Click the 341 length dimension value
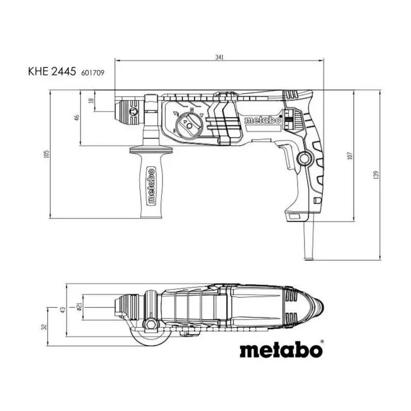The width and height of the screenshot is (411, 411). [x=219, y=58]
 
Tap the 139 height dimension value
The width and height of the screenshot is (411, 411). [x=376, y=175]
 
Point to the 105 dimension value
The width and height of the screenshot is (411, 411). [x=47, y=154]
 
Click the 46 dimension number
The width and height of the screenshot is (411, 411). [x=77, y=118]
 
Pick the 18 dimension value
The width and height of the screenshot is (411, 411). [x=91, y=100]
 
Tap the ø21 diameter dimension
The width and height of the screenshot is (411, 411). [x=80, y=307]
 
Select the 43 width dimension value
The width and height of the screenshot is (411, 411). [x=63, y=310]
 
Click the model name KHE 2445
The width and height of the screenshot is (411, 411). [x=52, y=71]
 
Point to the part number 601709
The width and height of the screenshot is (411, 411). [x=93, y=72]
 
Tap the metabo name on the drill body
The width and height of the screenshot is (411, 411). [x=262, y=120]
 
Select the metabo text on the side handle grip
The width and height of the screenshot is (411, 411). [x=151, y=186]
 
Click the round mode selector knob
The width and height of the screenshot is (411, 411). [x=189, y=125]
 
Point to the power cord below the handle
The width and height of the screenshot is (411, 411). [x=309, y=240]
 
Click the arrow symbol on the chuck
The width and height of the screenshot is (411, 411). [x=133, y=111]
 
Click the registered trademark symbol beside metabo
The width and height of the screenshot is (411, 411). [x=322, y=342]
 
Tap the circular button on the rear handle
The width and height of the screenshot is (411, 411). [x=305, y=158]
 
